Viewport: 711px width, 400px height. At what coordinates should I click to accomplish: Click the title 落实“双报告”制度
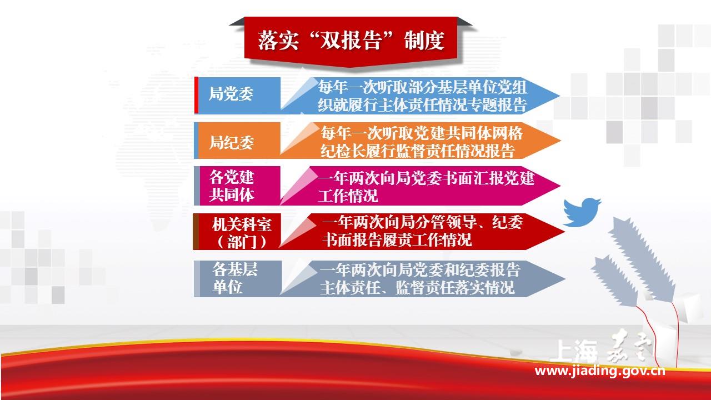pyautogui.click(x=351, y=41)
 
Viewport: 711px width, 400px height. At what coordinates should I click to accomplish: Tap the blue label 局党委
pyautogui.click(x=231, y=94)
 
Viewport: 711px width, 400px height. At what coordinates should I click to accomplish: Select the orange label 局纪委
pyautogui.click(x=232, y=142)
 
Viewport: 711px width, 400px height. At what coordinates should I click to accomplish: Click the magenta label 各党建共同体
pyautogui.click(x=232, y=186)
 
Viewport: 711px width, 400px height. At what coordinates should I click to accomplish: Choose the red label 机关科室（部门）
pyautogui.click(x=242, y=233)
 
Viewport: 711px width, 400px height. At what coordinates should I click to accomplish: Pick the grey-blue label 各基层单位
pyautogui.click(x=235, y=278)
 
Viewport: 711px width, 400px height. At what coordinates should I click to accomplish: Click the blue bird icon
pyautogui.click(x=582, y=212)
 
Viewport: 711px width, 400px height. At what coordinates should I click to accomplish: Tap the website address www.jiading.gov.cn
pyautogui.click(x=599, y=371)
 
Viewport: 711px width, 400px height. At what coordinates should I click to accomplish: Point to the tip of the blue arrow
pyautogui.click(x=560, y=96)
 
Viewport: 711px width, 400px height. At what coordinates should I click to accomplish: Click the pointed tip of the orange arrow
pyautogui.click(x=560, y=141)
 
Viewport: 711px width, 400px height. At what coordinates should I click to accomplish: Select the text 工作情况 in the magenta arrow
pyautogui.click(x=348, y=196)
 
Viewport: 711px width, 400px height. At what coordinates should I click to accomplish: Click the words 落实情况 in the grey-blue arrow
pyautogui.click(x=485, y=288)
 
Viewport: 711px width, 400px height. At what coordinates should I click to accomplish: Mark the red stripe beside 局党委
pyautogui.click(x=196, y=95)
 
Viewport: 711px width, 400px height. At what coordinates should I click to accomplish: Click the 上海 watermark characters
pyautogui.click(x=574, y=351)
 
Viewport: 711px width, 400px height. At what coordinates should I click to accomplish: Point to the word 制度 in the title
pyautogui.click(x=424, y=41)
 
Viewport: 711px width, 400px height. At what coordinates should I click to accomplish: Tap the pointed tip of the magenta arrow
pyautogui.click(x=560, y=186)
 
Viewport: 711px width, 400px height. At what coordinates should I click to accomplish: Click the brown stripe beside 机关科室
pyautogui.click(x=196, y=232)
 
